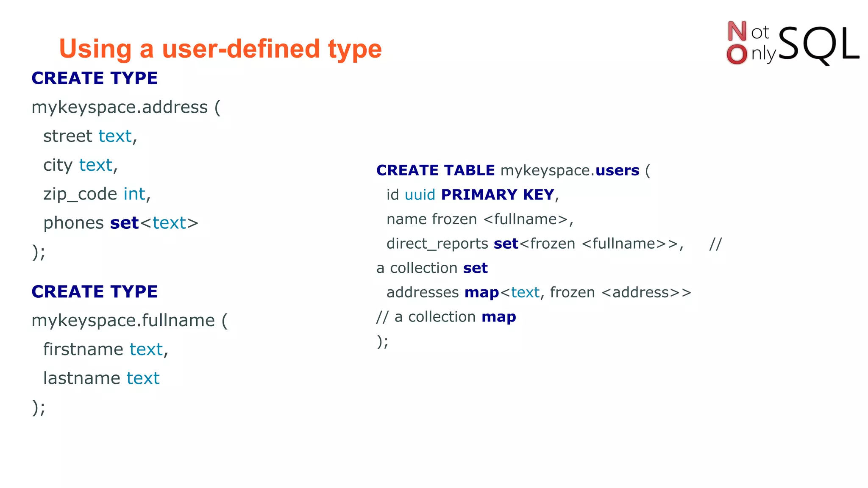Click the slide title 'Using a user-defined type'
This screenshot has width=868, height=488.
click(220, 49)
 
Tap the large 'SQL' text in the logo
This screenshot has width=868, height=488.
click(818, 44)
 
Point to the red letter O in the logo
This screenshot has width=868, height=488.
click(737, 55)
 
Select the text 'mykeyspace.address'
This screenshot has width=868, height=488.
click(120, 107)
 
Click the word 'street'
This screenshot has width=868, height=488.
click(67, 136)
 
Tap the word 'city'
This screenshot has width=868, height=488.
click(58, 165)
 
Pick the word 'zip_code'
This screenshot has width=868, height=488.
click(80, 194)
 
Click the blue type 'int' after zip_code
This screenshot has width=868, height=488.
click(134, 194)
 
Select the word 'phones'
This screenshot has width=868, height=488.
click(73, 223)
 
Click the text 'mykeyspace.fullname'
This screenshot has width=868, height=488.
click(123, 320)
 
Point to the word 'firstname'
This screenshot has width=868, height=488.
click(83, 349)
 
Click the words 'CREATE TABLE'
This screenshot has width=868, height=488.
click(435, 170)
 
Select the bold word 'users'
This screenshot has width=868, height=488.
click(617, 170)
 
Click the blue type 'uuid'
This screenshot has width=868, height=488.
click(420, 195)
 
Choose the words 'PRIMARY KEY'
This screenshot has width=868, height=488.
click(498, 195)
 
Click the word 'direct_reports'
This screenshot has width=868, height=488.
click(437, 244)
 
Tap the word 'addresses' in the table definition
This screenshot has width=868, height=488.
click(423, 293)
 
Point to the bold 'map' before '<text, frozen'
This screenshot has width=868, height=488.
click(481, 293)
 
